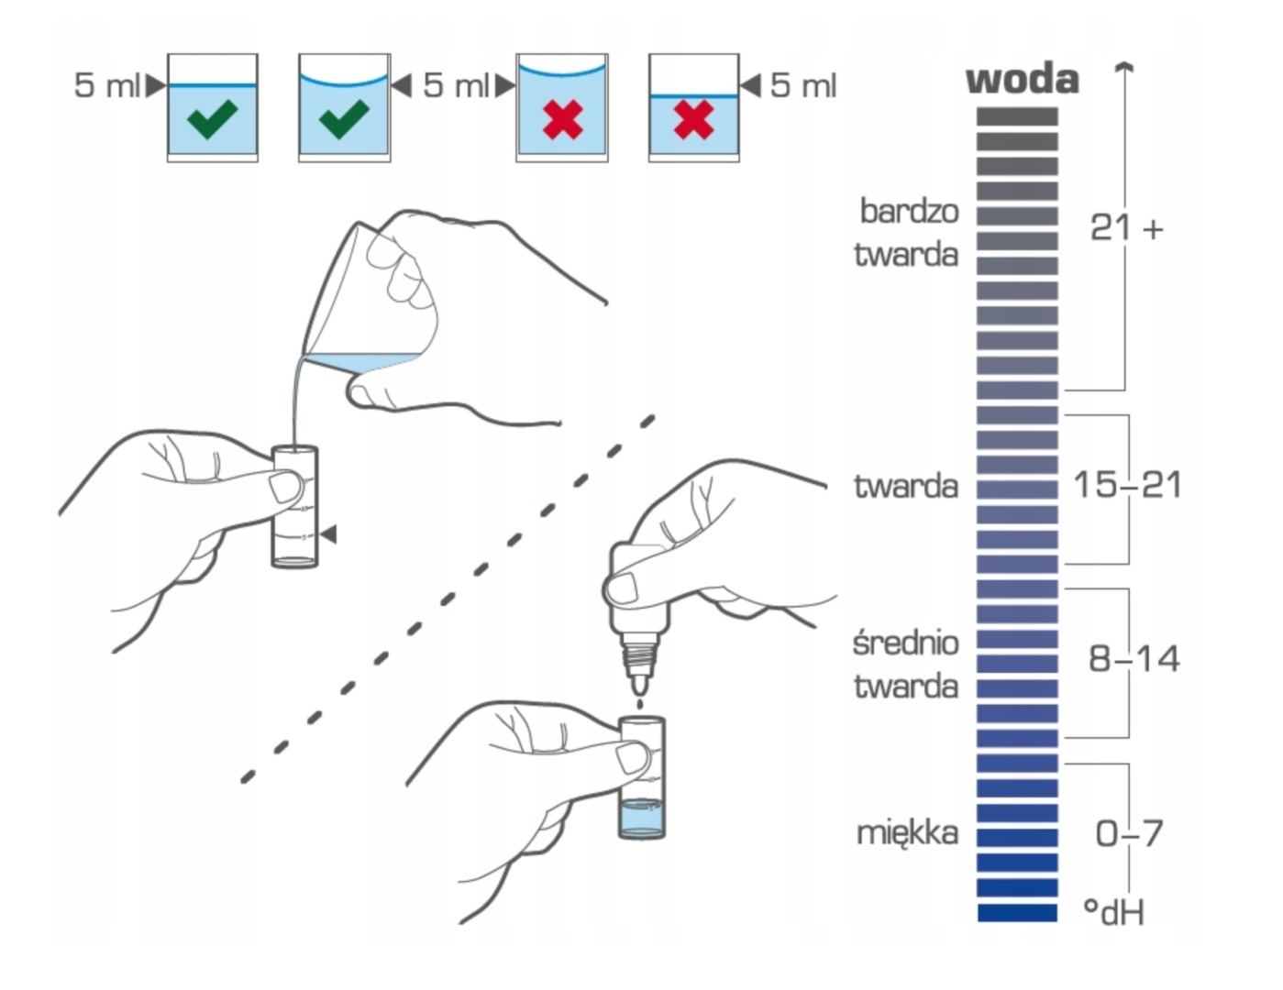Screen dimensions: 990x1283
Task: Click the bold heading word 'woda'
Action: pyautogui.click(x=1022, y=80)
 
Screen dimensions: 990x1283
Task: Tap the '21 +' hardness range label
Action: pyautogui.click(x=1125, y=227)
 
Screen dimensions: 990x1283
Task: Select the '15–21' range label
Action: pyautogui.click(x=1127, y=485)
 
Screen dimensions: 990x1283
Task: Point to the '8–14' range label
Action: pyautogui.click(x=1134, y=658)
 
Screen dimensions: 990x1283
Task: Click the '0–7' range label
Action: pyautogui.click(x=1129, y=833)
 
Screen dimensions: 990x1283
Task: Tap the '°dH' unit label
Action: pyautogui.click(x=1113, y=912)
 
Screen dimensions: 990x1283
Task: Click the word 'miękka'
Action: pyautogui.click(x=907, y=833)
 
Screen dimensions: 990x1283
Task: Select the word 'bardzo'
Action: pyautogui.click(x=909, y=211)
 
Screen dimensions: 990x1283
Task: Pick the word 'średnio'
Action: pyautogui.click(x=905, y=643)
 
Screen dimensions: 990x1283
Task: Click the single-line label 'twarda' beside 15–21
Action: pyautogui.click(x=905, y=486)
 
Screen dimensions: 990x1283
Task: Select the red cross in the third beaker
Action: pyautogui.click(x=562, y=120)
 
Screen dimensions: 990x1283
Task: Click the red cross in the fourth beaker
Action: pyautogui.click(x=693, y=120)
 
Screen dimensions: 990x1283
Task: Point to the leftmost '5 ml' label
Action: pyautogui.click(x=106, y=85)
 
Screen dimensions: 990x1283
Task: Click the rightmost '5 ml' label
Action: pyautogui.click(x=802, y=85)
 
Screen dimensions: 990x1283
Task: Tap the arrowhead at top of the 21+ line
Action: pyautogui.click(x=1125, y=66)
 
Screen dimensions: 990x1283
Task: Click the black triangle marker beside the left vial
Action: pyautogui.click(x=328, y=533)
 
